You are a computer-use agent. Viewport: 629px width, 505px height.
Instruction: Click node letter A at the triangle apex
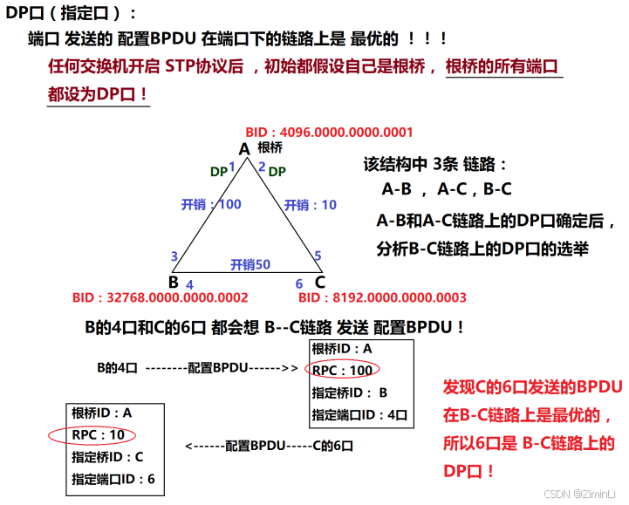[244, 150]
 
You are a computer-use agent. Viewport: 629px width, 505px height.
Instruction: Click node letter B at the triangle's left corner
[173, 282]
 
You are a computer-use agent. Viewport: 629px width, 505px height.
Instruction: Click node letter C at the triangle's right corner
[320, 282]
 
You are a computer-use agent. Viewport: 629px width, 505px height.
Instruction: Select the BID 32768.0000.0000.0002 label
[161, 298]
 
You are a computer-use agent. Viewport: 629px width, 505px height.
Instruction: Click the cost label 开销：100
[211, 204]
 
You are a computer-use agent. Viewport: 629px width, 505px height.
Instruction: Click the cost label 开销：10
[311, 204]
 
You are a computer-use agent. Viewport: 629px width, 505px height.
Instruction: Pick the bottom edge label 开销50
[250, 263]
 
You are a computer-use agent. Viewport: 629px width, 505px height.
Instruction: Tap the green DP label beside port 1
[219, 172]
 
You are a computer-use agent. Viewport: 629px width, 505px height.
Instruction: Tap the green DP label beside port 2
[277, 172]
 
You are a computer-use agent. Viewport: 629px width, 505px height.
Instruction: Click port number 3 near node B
[174, 256]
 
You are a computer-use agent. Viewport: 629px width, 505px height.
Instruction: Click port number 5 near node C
[318, 256]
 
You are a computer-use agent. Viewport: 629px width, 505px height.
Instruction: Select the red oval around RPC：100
[342, 370]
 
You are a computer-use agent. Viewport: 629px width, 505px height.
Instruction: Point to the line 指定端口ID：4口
[359, 415]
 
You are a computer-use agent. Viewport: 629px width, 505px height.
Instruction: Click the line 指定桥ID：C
[107, 456]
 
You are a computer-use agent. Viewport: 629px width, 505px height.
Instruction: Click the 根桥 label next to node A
[270, 147]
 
